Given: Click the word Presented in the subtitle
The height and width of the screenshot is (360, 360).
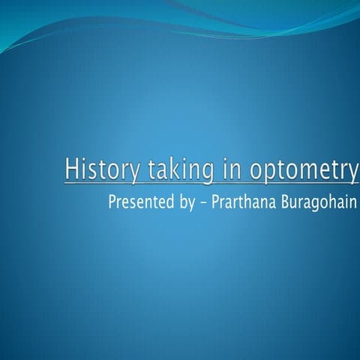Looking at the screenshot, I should tap(139, 202).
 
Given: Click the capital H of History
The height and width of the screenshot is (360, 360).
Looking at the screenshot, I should tap(71, 169).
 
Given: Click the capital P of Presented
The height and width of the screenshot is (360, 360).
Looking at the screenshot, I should tap(112, 202).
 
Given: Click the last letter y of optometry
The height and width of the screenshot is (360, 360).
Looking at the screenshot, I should tap(352, 172).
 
